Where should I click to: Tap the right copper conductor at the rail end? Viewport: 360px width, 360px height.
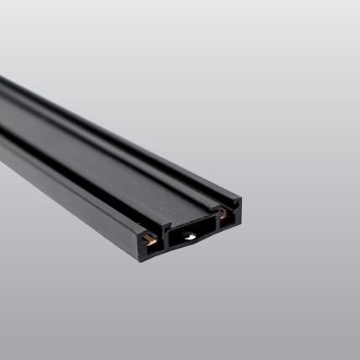point(224,214)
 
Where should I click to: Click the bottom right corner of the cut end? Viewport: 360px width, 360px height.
point(239,224)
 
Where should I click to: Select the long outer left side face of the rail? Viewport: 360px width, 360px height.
point(59,180)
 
